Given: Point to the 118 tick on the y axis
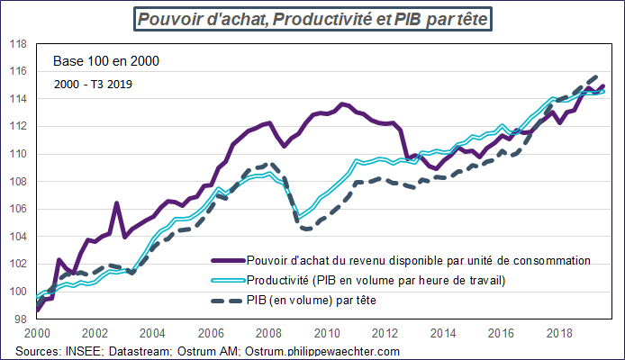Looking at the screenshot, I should [x=17, y=43].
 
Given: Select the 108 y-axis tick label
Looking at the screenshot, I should [x=17, y=181].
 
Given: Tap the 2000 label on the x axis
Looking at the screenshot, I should [x=37, y=332].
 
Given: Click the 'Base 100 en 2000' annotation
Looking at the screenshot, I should [x=106, y=63].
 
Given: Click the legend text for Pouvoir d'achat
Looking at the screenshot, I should [x=417, y=260].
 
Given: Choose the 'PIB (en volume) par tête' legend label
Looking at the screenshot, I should [x=310, y=300].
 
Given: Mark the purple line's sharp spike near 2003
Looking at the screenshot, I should [x=116, y=203].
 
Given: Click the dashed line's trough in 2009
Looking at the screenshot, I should [x=308, y=229].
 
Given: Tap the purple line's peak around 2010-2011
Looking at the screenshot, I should [x=343, y=104].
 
